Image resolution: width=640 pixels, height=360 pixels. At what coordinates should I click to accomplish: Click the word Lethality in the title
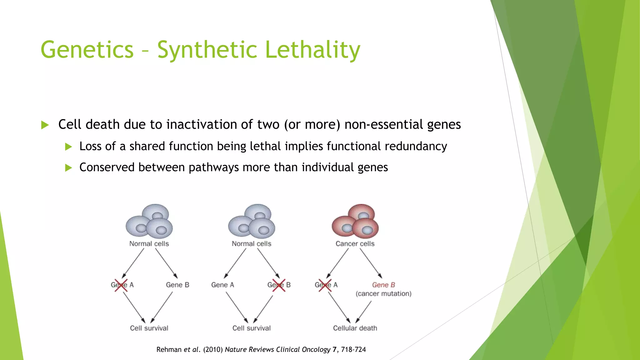tap(312, 50)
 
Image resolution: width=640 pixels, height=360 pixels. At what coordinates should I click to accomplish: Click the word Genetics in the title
tap(87, 50)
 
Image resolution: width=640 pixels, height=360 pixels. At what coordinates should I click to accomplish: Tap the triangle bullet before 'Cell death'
tap(45, 125)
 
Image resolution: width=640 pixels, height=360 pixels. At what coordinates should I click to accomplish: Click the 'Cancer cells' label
tap(355, 244)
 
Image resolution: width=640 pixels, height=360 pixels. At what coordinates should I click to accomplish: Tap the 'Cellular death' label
tap(355, 328)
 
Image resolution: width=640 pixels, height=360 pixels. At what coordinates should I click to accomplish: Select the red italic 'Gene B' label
tap(383, 285)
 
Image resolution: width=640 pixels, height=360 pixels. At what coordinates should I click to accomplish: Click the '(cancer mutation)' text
tap(383, 294)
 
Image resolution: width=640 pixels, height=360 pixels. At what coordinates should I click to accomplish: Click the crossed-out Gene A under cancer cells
tap(326, 285)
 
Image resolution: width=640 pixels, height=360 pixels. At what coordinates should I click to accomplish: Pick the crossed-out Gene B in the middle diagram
tap(279, 285)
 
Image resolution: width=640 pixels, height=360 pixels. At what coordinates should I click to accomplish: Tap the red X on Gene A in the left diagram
tap(121, 285)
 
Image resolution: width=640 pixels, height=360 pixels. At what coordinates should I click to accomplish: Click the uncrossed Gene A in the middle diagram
tap(222, 285)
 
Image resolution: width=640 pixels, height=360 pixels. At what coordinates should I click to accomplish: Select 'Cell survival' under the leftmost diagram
tap(149, 328)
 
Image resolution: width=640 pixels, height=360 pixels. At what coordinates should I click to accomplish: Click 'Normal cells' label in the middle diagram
tap(252, 244)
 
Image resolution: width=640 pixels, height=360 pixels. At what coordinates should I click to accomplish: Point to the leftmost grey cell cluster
tap(149, 221)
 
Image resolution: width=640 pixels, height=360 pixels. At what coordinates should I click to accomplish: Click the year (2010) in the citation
tap(213, 350)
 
